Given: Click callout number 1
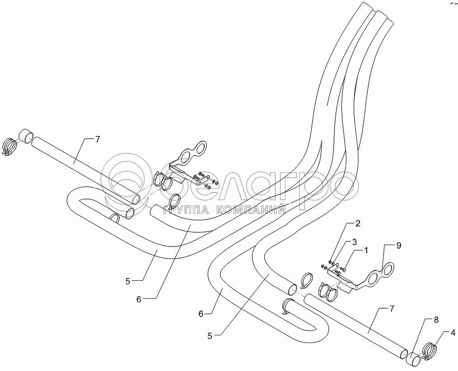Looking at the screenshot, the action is [366, 249].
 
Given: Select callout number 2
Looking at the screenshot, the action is [357, 223].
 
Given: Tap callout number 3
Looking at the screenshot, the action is [355, 241].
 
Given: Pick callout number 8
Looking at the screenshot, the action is [436, 320].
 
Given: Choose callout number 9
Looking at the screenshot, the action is [398, 246].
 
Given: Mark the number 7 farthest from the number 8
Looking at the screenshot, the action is [97, 139].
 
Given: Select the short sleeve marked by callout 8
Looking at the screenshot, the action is [414, 360].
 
